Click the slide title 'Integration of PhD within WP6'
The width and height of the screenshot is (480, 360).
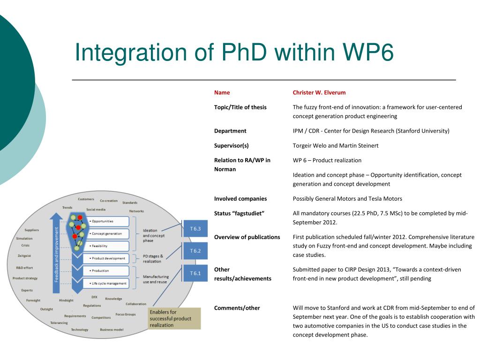pos(234,52)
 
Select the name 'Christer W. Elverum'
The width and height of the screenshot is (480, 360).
pos(319,92)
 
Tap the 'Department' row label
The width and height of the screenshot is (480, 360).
pos(230,131)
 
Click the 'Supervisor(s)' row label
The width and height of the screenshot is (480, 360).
pos(232,145)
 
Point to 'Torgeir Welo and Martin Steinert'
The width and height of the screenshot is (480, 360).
pos(335,145)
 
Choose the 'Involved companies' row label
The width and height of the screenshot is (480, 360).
pos(240,198)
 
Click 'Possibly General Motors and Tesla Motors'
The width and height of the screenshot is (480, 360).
pos(347,198)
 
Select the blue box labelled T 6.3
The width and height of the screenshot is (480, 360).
pos(195,229)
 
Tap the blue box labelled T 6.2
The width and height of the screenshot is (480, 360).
pos(195,251)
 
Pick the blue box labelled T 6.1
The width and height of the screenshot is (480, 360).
pos(195,273)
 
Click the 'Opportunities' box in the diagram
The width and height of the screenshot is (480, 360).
pos(107,221)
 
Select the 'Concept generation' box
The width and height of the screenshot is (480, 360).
pos(107,233)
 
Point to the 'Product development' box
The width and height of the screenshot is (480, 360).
pos(106,258)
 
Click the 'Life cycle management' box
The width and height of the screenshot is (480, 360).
pos(106,283)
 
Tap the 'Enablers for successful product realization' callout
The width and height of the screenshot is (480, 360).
pos(173,318)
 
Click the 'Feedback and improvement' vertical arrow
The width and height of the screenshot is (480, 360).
pos(57,253)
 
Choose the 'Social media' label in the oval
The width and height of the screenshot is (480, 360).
pos(96,210)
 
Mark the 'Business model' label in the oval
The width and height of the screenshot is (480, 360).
pos(112,330)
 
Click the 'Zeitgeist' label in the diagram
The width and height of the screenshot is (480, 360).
pos(24,255)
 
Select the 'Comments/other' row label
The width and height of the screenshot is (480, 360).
pos(237,308)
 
